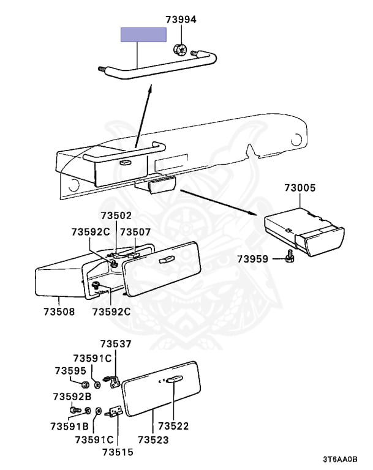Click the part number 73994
point(181,20)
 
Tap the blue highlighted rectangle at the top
point(143,34)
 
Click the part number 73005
point(300,188)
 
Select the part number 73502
point(116,216)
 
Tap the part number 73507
point(135,232)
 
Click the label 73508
point(59,311)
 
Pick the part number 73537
point(116,344)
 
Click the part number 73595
point(70,371)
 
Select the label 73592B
point(72,397)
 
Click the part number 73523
point(153,439)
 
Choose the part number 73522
point(173,426)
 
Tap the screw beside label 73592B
point(75,410)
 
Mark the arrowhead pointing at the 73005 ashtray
point(254,212)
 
